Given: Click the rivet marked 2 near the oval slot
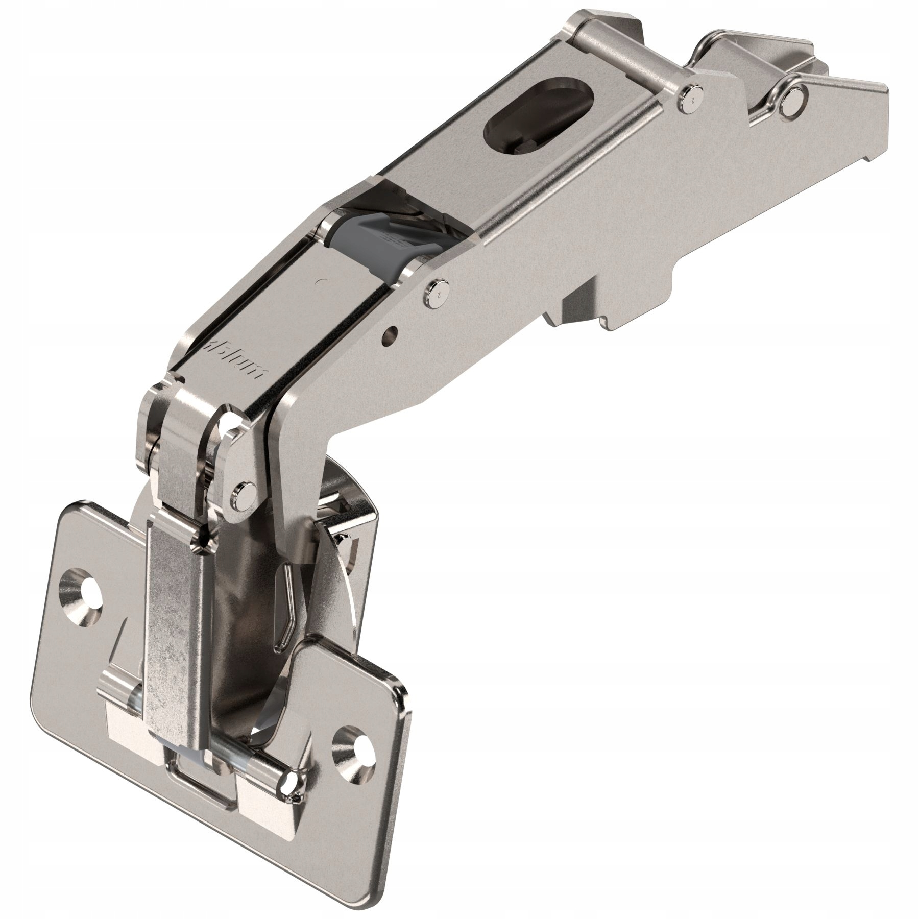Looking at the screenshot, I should [691, 95].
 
